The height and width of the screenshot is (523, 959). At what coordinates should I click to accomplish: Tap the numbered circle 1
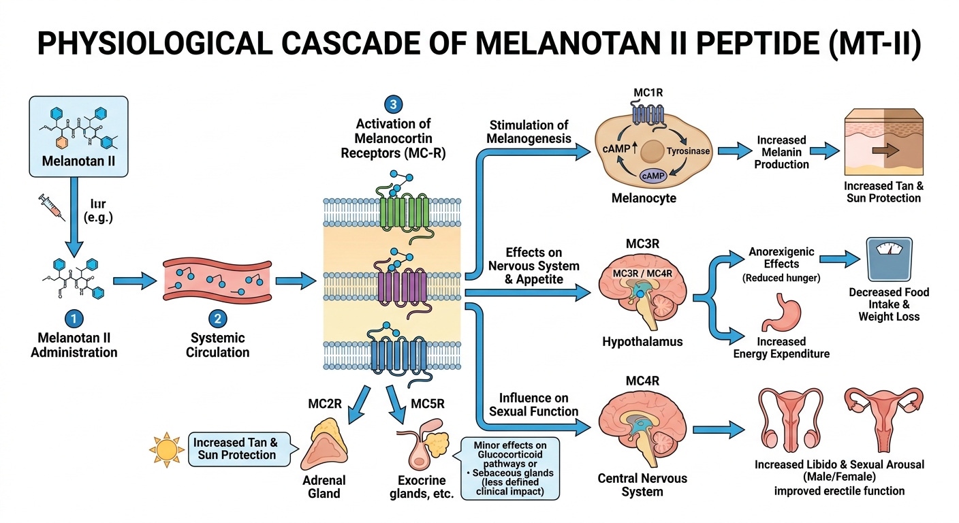tap(74, 319)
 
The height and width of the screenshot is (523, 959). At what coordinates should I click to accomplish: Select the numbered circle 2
tap(217, 319)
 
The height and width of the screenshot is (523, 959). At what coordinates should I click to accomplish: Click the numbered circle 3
tap(393, 104)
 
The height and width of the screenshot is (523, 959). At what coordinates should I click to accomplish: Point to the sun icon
tap(166, 449)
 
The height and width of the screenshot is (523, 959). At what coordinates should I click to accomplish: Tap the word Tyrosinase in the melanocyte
tap(689, 152)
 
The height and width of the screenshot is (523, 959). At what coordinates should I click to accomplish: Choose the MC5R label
tap(427, 403)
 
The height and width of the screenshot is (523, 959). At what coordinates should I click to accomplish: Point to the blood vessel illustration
tap(217, 280)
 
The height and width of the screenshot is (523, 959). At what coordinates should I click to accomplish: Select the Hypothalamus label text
tap(642, 342)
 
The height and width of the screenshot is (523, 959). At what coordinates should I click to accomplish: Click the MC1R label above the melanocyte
tap(642, 93)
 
